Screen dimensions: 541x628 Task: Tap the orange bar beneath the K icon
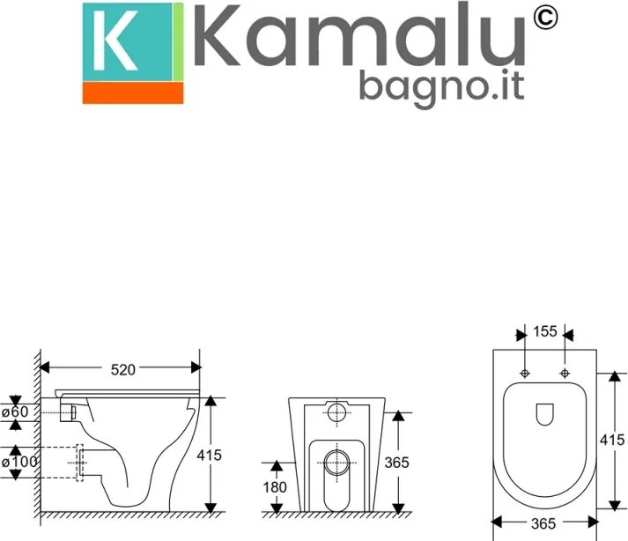point(133,93)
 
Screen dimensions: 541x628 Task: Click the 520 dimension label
point(122,370)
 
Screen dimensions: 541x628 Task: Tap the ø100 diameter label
point(20,462)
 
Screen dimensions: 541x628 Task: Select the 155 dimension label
point(544,332)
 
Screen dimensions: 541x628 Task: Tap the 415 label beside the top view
point(615,438)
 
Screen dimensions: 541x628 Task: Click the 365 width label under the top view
point(544,523)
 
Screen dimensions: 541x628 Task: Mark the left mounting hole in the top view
point(525,374)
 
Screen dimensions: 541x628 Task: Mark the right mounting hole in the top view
point(564,374)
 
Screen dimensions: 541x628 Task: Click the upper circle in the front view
point(336,412)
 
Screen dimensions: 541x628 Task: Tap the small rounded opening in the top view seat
point(544,411)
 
